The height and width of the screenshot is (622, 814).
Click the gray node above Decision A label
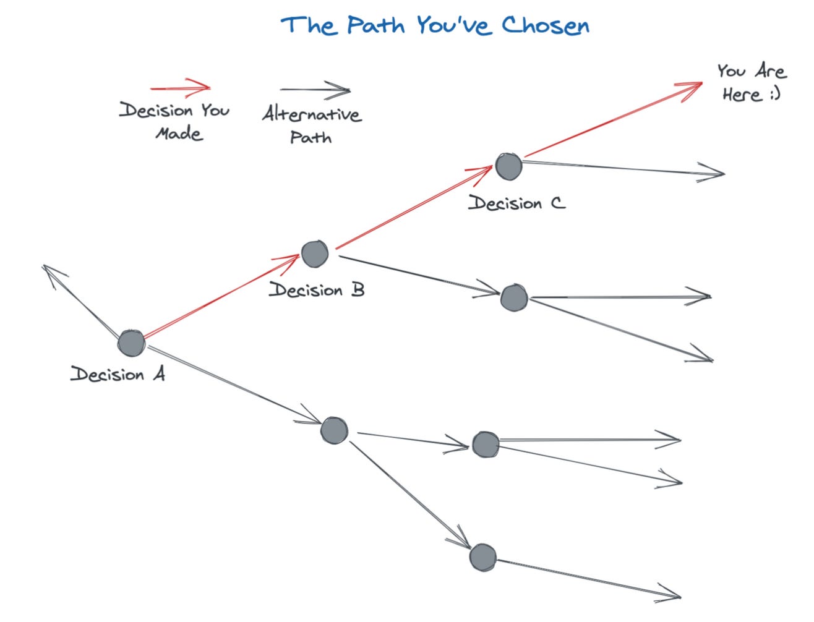[131, 343]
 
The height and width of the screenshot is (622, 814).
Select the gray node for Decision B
[314, 253]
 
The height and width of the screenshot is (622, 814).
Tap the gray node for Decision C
[508, 166]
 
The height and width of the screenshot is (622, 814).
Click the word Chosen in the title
[545, 26]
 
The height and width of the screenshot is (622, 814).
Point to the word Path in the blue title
[375, 26]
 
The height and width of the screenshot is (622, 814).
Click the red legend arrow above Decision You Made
[181, 88]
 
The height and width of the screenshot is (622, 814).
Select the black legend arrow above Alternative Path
[315, 90]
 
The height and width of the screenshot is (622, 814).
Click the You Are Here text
[751, 82]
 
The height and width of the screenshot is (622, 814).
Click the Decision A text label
[118, 374]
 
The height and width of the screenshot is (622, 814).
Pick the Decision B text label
[317, 290]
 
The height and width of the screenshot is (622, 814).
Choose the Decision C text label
[516, 203]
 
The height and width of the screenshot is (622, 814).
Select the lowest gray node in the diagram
[482, 557]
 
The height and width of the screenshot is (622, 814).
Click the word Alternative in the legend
[312, 114]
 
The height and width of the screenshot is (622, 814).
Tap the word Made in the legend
[179, 134]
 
